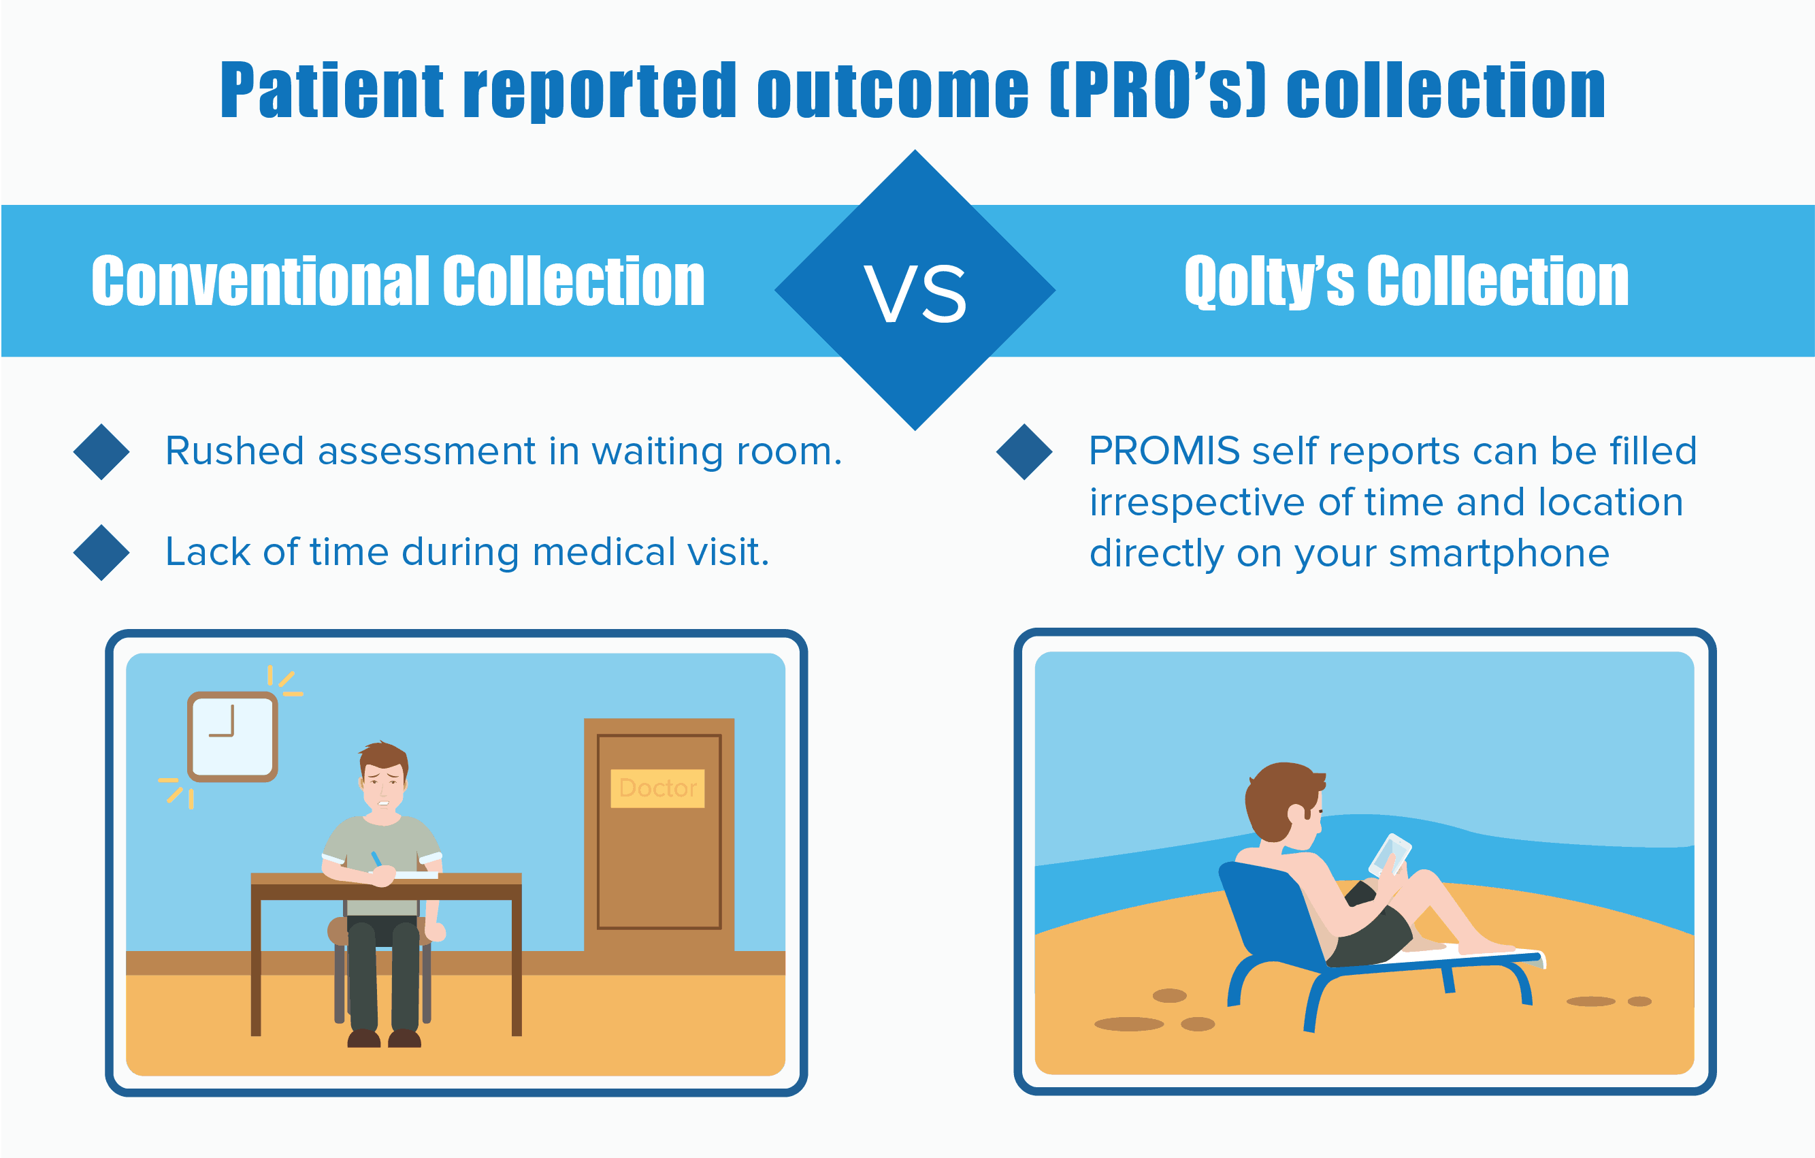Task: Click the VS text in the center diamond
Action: click(x=915, y=294)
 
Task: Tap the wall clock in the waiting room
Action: click(x=233, y=737)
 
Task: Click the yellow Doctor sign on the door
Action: click(x=657, y=788)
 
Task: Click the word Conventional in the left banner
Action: click(x=261, y=280)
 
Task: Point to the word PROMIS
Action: click(x=1164, y=451)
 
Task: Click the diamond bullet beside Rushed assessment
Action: click(x=102, y=451)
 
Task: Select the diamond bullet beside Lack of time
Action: click(x=102, y=553)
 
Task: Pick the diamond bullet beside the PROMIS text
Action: click(x=1024, y=451)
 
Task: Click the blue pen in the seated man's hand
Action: click(x=376, y=859)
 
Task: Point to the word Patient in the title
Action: click(x=332, y=91)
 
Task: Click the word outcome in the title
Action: click(x=893, y=91)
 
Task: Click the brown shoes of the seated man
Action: click(x=384, y=1039)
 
